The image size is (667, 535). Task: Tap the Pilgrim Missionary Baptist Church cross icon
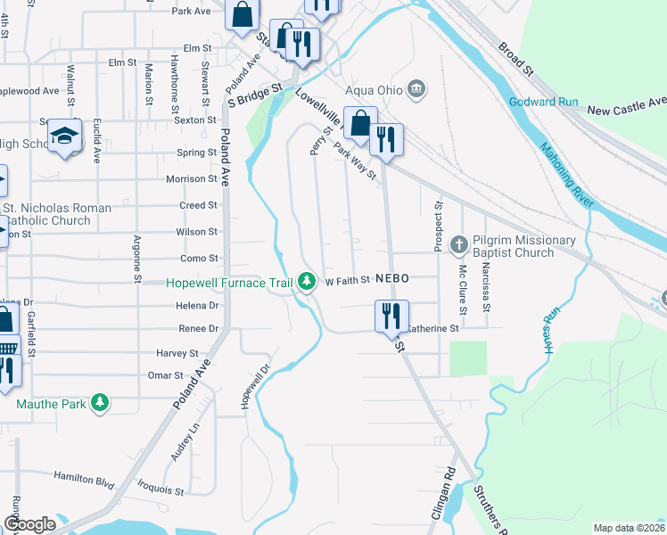[x=459, y=243]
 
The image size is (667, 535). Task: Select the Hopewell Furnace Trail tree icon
[x=308, y=282]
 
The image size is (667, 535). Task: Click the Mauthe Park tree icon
[x=102, y=404]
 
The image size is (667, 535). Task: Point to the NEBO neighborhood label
[x=391, y=279]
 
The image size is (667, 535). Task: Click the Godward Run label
[x=544, y=102]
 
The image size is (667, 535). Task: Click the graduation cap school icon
[x=63, y=136]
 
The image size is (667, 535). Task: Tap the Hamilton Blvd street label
[x=84, y=480]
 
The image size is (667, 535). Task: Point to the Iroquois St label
[x=161, y=490]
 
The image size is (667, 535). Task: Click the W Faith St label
[x=347, y=281]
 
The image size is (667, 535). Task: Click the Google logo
[x=29, y=524]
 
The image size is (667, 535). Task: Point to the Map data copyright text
[x=630, y=528]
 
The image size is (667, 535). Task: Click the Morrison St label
[x=192, y=178]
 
